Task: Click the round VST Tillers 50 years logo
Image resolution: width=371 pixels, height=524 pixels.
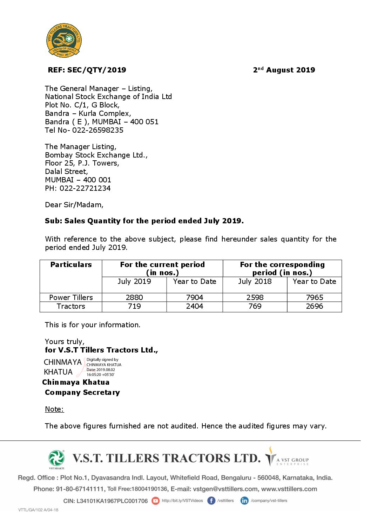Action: [64, 40]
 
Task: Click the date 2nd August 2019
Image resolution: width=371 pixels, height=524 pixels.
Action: [284, 70]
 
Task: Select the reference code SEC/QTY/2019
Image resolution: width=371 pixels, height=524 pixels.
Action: [96, 70]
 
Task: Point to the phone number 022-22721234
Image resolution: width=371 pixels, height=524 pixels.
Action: [85, 188]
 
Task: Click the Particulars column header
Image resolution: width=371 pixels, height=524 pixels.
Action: [71, 265]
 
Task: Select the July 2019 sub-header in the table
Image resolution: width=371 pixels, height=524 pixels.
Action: [134, 281]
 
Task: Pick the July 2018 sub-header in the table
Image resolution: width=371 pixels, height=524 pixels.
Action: [255, 281]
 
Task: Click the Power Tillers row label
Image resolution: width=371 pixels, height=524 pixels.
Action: [71, 298]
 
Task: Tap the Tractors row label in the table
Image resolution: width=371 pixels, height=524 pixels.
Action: [71, 306]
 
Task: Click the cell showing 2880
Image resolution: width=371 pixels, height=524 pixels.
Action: [134, 298]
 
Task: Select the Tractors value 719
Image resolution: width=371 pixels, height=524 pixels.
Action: [134, 306]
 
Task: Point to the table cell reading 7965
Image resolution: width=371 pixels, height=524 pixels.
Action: [315, 298]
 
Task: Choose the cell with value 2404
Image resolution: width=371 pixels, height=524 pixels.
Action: [195, 306]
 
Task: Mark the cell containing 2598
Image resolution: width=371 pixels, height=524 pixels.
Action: [255, 298]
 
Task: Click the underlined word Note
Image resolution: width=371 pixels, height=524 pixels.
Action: [54, 409]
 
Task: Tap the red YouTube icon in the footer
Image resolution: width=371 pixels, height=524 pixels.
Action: [155, 501]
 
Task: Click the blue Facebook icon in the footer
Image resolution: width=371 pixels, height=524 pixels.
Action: [211, 501]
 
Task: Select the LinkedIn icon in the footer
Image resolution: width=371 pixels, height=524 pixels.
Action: [244, 501]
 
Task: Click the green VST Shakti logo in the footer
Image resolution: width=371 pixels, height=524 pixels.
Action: [56, 458]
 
